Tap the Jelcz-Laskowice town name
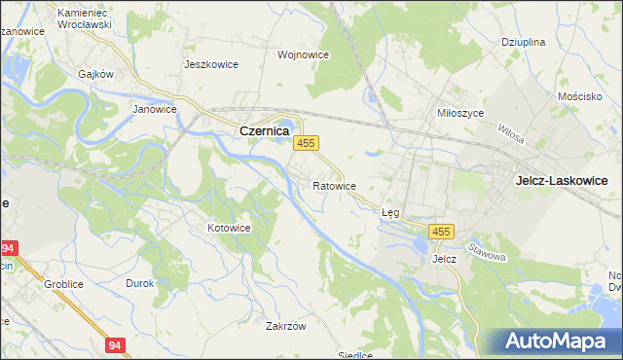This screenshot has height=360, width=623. (562, 180)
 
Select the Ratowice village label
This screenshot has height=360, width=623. (334, 185)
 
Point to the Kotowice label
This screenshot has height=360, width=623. (229, 228)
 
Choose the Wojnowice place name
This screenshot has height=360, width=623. (302, 55)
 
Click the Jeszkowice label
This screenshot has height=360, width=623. (211, 64)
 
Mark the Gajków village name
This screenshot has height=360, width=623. (96, 74)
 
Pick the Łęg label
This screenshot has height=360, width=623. (390, 211)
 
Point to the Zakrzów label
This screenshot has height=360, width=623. (286, 327)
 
